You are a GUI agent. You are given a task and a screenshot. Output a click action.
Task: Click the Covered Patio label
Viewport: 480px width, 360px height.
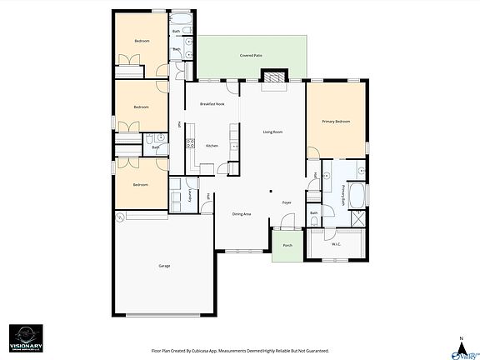coord(251,55)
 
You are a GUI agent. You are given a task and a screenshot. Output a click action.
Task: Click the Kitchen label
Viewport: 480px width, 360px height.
coord(212,146)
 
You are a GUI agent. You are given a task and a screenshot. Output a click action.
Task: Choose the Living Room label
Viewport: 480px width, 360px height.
coord(273,132)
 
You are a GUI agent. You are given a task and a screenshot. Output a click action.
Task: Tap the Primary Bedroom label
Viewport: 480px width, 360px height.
coord(336,122)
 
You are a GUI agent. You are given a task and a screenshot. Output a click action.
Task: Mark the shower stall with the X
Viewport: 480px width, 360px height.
coord(357,219)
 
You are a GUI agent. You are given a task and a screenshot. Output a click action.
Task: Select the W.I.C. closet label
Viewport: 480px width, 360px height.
coord(336,244)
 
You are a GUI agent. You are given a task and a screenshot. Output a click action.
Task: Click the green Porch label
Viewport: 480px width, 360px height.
coord(287,246)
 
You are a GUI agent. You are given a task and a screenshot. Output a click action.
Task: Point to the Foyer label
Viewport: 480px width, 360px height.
coord(287,202)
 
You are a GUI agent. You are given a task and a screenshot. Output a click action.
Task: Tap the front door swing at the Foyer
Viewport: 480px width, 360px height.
coord(287,221)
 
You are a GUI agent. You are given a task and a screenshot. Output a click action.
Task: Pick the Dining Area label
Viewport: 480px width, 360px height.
coord(242,214)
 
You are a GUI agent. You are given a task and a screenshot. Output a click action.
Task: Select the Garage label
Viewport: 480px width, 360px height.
coord(164,266)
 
